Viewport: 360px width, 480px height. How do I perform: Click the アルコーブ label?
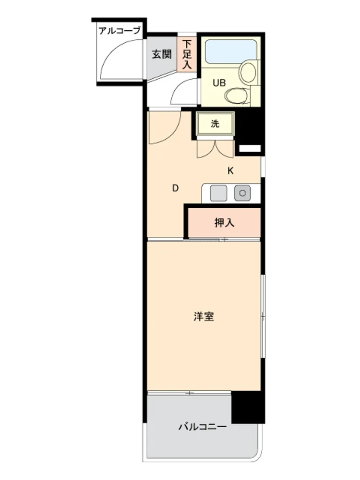tap(120, 31)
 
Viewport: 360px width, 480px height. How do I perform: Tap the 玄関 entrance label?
tap(162, 55)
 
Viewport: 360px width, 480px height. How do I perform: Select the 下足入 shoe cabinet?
tap(187, 55)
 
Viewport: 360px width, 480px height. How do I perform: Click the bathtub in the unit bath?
tap(230, 51)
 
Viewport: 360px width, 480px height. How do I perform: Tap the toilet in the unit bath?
tap(237, 96)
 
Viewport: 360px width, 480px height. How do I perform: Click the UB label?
tap(219, 83)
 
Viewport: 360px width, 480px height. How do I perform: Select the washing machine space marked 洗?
tap(215, 124)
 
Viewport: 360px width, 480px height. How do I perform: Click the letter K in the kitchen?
tap(230, 171)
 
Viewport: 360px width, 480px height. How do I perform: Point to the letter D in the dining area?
tap(175, 188)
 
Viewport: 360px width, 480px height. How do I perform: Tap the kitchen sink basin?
tap(218, 193)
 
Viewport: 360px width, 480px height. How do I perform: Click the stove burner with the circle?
tap(242, 193)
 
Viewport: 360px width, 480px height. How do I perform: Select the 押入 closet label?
tap(224, 223)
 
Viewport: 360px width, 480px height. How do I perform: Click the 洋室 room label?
tap(204, 316)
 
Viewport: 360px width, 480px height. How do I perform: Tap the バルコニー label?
tap(203, 426)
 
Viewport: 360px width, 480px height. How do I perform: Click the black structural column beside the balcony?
tap(248, 408)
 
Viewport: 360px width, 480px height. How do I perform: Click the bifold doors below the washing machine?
tap(215, 149)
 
